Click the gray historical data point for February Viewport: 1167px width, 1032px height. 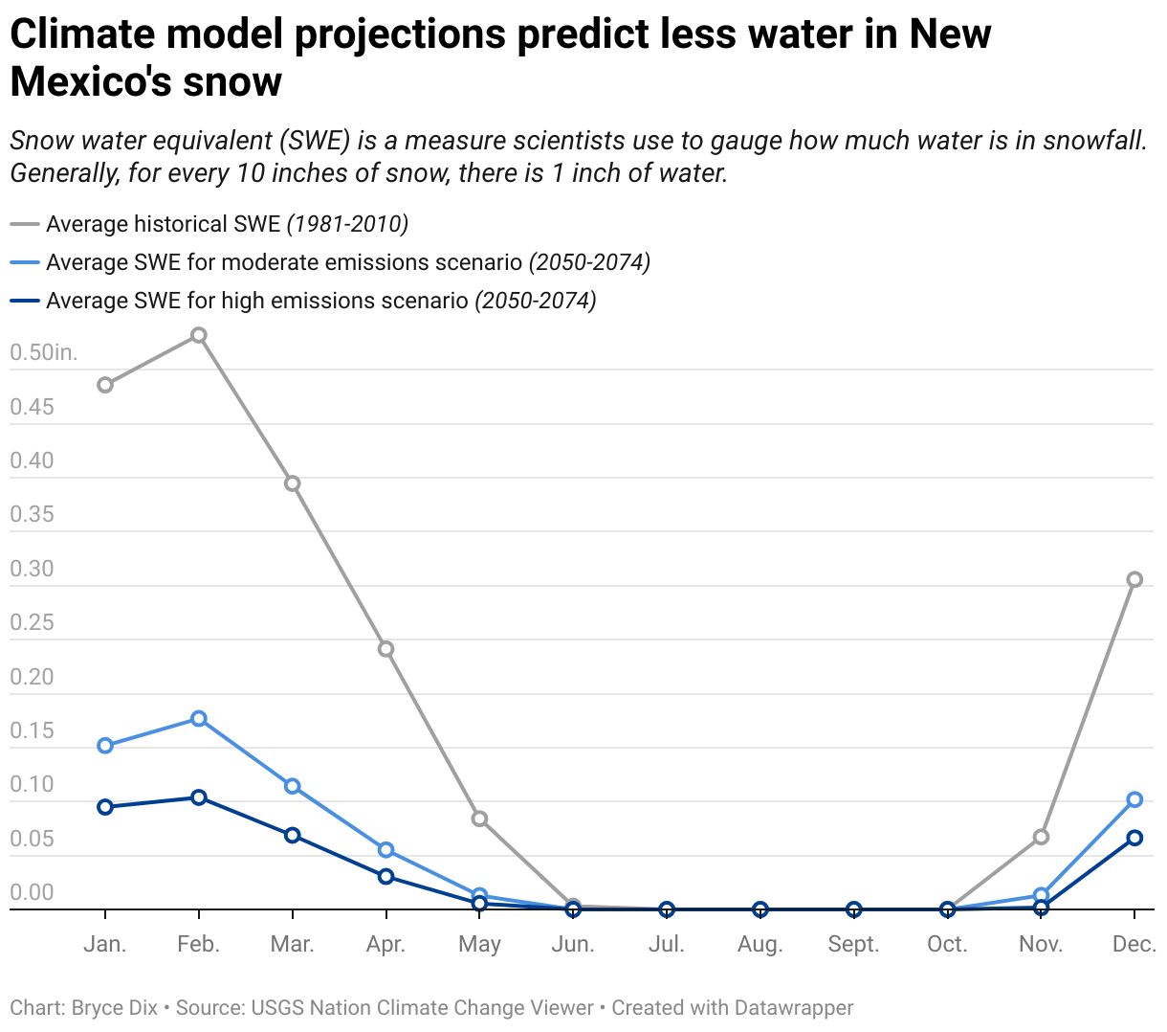click(199, 335)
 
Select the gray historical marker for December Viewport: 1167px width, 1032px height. click(1134, 579)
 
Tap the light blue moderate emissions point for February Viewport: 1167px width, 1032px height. click(199, 718)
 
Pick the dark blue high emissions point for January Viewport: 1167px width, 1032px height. click(105, 807)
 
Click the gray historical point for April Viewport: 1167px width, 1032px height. click(385, 649)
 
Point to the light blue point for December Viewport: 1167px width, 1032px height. click(1134, 799)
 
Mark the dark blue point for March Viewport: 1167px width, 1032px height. click(293, 836)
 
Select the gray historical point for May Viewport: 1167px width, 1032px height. click(479, 819)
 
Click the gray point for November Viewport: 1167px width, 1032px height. click(1041, 837)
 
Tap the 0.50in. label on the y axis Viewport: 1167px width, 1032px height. click(44, 352)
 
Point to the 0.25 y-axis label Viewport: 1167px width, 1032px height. click(32, 622)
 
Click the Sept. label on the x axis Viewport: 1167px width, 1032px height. click(853, 944)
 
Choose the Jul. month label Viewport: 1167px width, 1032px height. click(667, 944)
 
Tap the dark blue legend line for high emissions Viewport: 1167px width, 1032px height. click(25, 301)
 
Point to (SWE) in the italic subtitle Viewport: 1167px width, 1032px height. click(316, 141)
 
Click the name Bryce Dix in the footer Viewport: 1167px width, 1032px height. click(114, 1008)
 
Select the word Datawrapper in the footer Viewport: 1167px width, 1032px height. click(794, 1008)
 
